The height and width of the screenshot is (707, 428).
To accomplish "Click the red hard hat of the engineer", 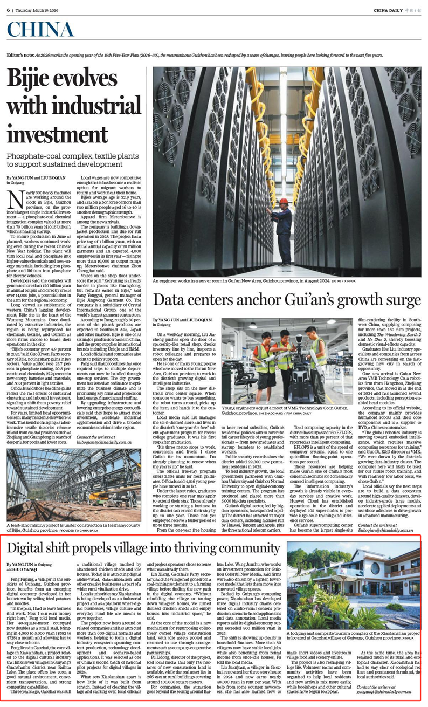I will pos(284,201).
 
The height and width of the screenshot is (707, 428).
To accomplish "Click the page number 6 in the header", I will pos(9,10).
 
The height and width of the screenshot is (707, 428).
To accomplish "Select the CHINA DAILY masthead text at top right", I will pos(389,10).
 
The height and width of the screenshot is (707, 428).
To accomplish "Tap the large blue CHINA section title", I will pos(41,32).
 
